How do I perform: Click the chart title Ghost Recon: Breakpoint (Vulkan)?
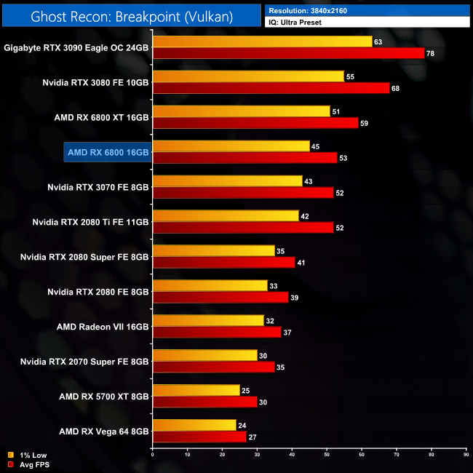131,15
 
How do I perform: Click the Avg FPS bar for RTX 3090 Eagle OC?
288,53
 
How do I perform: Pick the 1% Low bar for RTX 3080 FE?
248,76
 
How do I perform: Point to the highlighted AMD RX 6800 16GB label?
108,151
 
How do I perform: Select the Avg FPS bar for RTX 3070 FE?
243,193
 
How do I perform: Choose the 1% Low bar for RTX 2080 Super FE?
213,251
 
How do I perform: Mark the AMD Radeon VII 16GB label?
103,326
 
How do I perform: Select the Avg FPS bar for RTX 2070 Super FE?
213,367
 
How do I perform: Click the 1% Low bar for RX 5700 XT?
196,391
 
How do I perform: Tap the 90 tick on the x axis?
466,456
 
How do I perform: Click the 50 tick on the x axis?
327,456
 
